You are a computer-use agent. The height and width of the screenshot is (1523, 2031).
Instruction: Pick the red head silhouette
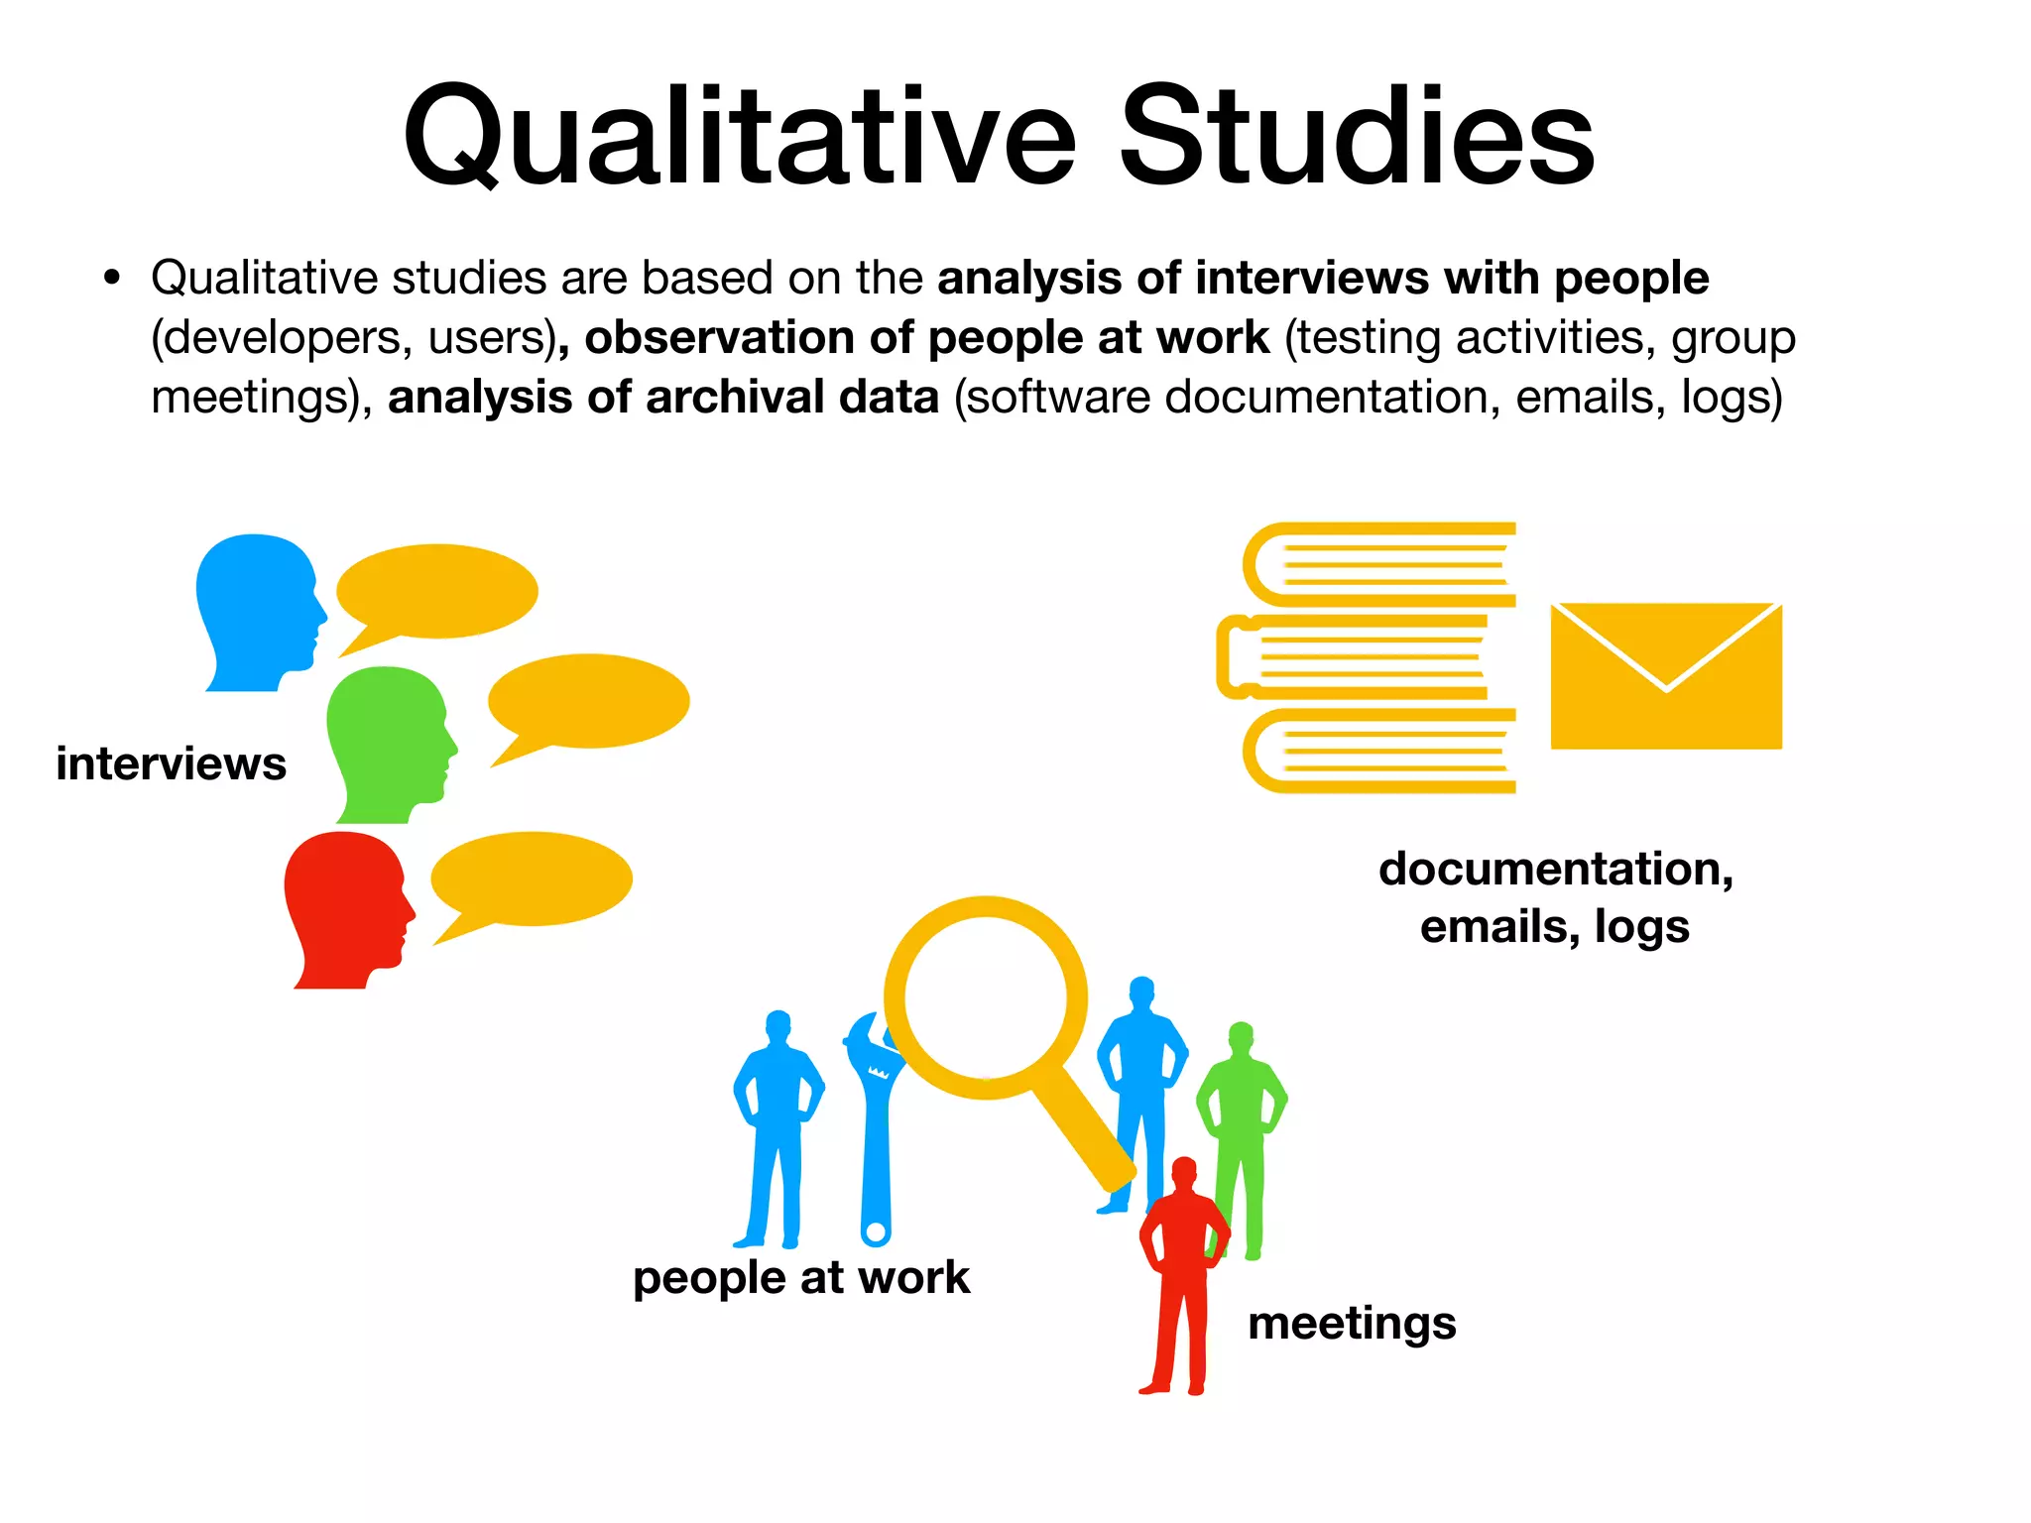coord(343,902)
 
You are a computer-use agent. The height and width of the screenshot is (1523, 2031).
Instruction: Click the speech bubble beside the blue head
coord(436,591)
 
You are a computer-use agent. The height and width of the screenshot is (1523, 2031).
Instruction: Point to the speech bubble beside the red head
coord(531,879)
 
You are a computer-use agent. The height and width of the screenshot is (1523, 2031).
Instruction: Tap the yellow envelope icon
coord(1666,676)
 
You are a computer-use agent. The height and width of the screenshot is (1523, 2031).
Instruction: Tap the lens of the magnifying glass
coord(986,996)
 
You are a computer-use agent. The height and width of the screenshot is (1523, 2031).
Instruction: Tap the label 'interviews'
coord(171,763)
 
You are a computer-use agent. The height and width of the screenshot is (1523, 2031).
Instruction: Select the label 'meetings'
coord(1352,1323)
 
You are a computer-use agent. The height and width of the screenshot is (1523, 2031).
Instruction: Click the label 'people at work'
coord(801,1277)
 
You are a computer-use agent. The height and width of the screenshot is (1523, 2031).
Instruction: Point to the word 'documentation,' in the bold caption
coord(1555,869)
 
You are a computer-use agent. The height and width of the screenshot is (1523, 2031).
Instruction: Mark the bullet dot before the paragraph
coord(112,278)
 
